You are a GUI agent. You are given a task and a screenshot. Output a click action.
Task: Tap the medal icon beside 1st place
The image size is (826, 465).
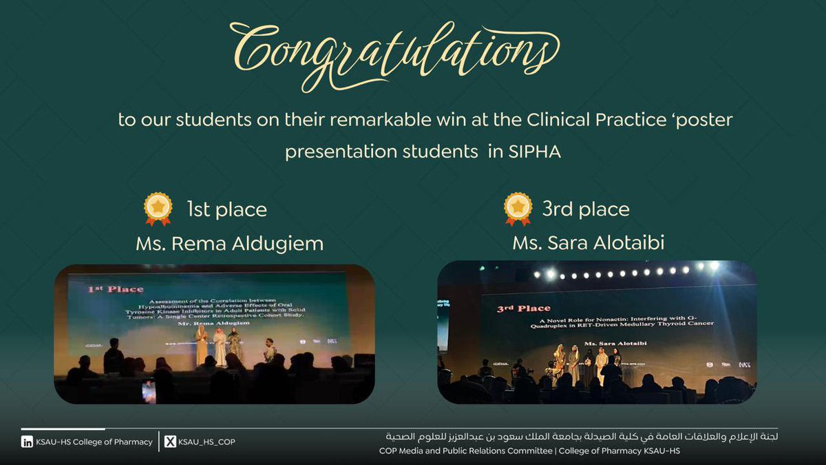pos(158,209)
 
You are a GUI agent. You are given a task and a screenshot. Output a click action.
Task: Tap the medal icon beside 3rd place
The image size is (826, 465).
pos(518,209)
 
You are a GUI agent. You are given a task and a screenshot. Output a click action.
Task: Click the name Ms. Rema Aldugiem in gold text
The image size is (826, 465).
pos(229,244)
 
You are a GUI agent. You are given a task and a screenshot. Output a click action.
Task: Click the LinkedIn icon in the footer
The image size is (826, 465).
pos(28,442)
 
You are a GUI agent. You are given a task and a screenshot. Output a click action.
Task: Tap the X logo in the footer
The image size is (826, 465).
pos(170,442)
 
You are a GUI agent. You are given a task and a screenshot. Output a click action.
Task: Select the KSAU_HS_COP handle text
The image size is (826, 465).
pos(206,442)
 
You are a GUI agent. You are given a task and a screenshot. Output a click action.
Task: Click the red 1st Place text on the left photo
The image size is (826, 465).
pos(116,289)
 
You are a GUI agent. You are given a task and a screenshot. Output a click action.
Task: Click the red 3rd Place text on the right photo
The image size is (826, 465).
pos(524,309)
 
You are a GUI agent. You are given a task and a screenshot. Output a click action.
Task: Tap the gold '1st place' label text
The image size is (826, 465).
pos(226,209)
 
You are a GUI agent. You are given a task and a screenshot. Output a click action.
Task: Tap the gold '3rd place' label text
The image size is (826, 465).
pos(586,209)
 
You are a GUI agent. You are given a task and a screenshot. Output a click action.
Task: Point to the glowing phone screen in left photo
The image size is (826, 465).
pos(149,391)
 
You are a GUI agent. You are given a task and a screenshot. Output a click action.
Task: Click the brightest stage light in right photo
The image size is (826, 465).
pos(714,266)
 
